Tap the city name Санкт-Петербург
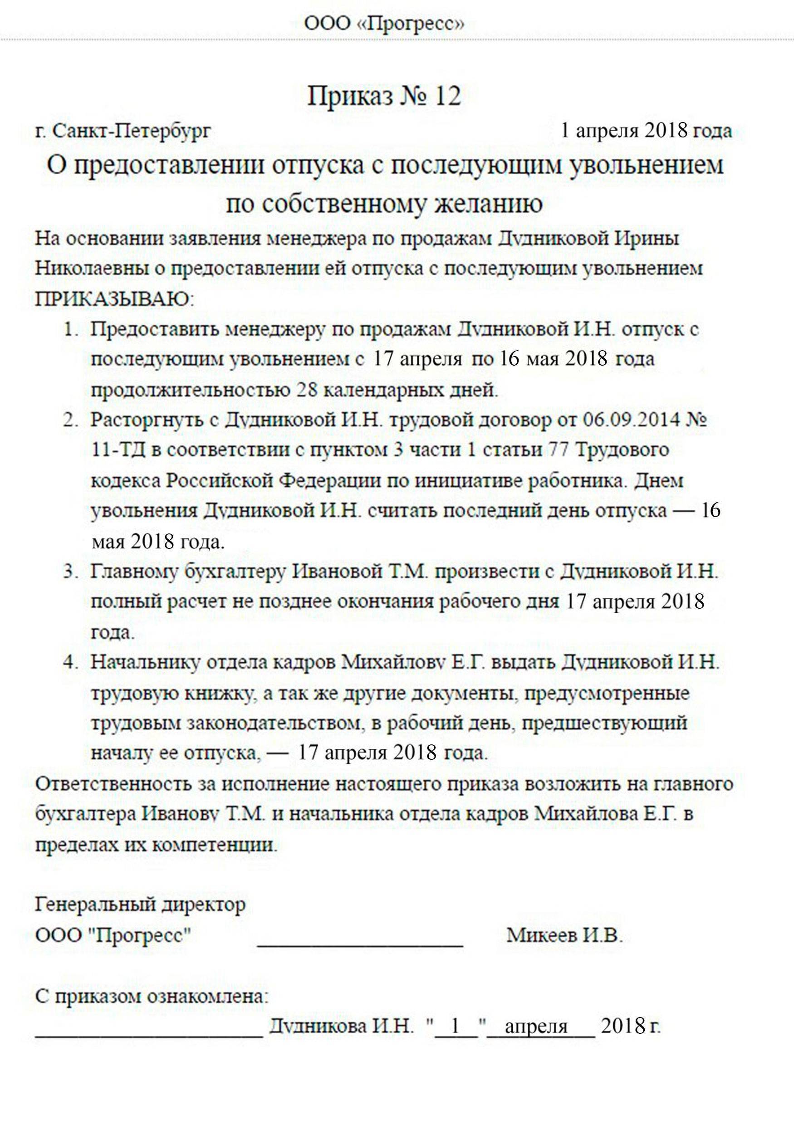click(x=132, y=131)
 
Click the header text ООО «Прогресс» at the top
click(x=384, y=24)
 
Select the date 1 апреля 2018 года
click(x=647, y=131)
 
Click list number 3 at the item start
click(x=70, y=572)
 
